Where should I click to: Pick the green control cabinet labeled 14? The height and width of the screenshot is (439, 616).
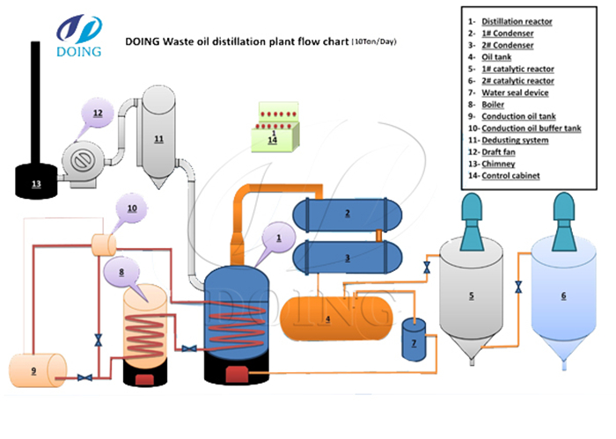pos(273,134)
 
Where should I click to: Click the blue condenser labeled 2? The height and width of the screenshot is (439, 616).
pos(348,213)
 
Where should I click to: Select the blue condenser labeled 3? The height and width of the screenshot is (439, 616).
pos(348,258)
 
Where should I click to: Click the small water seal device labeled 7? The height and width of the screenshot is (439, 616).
pos(414,340)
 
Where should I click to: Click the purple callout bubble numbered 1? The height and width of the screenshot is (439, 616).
pos(279,238)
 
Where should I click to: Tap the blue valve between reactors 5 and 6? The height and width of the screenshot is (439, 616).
pos(518,286)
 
